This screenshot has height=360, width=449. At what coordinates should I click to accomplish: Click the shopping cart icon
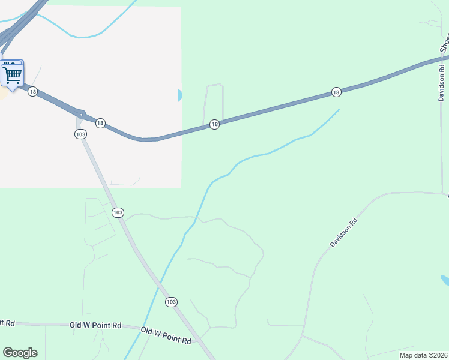(x=12, y=74)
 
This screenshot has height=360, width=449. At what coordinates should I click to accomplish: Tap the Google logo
(x=20, y=353)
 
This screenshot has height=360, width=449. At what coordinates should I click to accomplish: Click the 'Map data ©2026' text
(x=423, y=355)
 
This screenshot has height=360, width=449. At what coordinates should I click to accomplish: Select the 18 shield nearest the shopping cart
(x=32, y=92)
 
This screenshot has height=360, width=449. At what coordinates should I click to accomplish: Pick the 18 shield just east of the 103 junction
(x=100, y=122)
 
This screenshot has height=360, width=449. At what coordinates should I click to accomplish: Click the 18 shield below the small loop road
(x=214, y=124)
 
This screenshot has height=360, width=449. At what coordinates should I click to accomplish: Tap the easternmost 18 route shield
(x=336, y=92)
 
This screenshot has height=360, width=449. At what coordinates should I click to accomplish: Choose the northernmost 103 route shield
(x=81, y=134)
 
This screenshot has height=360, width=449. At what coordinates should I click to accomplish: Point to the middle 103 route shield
(x=118, y=212)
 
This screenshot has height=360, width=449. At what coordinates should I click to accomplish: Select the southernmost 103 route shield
(x=171, y=301)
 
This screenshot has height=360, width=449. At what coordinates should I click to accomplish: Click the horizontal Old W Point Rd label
(x=95, y=325)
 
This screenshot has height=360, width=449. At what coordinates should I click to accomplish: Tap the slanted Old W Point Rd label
(x=166, y=335)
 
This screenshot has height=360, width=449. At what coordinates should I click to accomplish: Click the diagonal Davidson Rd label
(x=343, y=232)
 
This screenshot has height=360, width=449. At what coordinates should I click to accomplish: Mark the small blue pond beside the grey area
(x=180, y=95)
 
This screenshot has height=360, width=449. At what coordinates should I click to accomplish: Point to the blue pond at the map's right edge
(x=445, y=280)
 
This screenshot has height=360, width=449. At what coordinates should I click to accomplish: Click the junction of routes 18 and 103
(x=81, y=114)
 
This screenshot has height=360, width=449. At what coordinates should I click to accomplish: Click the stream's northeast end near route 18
(x=338, y=110)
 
